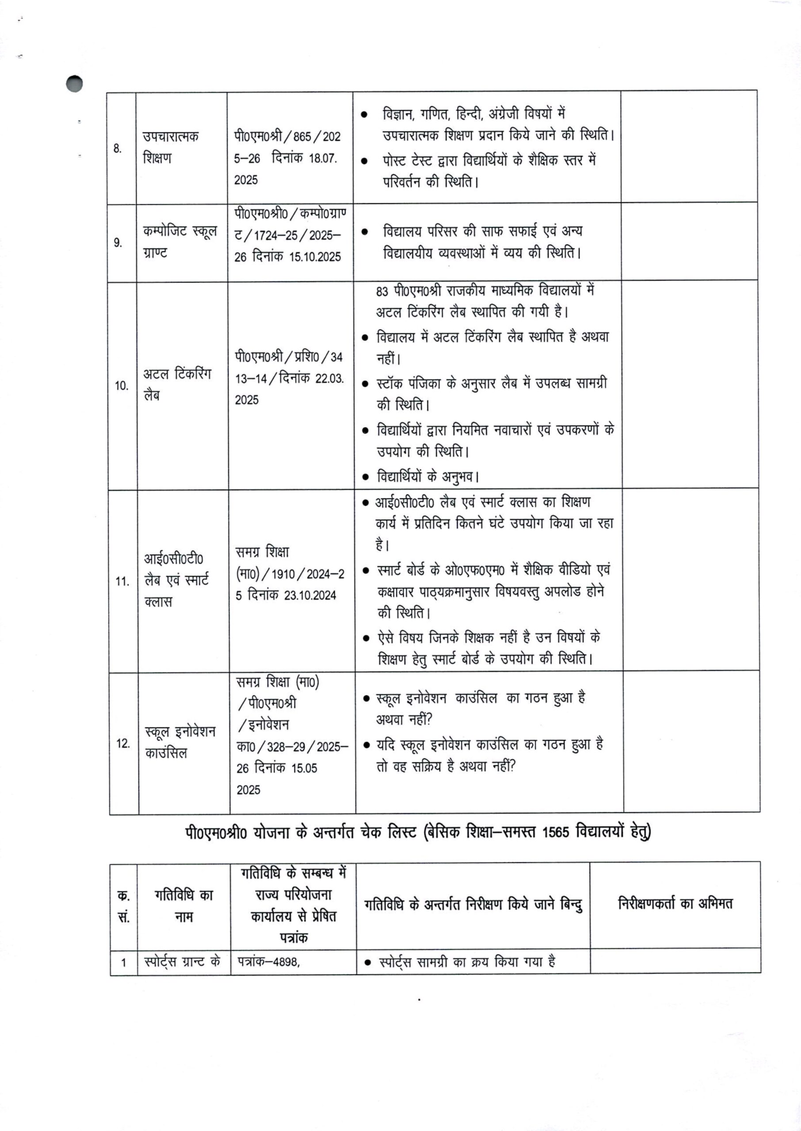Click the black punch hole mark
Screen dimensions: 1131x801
coord(74,84)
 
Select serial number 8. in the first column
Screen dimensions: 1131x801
coord(118,148)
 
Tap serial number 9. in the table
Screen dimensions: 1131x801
coord(118,243)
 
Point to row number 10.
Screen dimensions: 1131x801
coord(121,385)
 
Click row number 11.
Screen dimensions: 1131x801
coord(122,581)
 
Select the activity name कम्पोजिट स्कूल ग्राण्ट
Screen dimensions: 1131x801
coord(179,242)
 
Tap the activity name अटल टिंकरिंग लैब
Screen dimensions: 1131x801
coord(177,384)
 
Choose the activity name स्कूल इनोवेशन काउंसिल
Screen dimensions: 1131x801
coord(180,742)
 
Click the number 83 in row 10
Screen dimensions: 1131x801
coord(382,291)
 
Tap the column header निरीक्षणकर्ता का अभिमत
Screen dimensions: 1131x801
coord(675,903)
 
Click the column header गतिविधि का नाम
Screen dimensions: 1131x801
coord(183,905)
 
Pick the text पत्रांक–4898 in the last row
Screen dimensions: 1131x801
coord(268,961)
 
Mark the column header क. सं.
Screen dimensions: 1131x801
coord(123,906)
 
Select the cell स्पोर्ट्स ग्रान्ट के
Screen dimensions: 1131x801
coord(182,961)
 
